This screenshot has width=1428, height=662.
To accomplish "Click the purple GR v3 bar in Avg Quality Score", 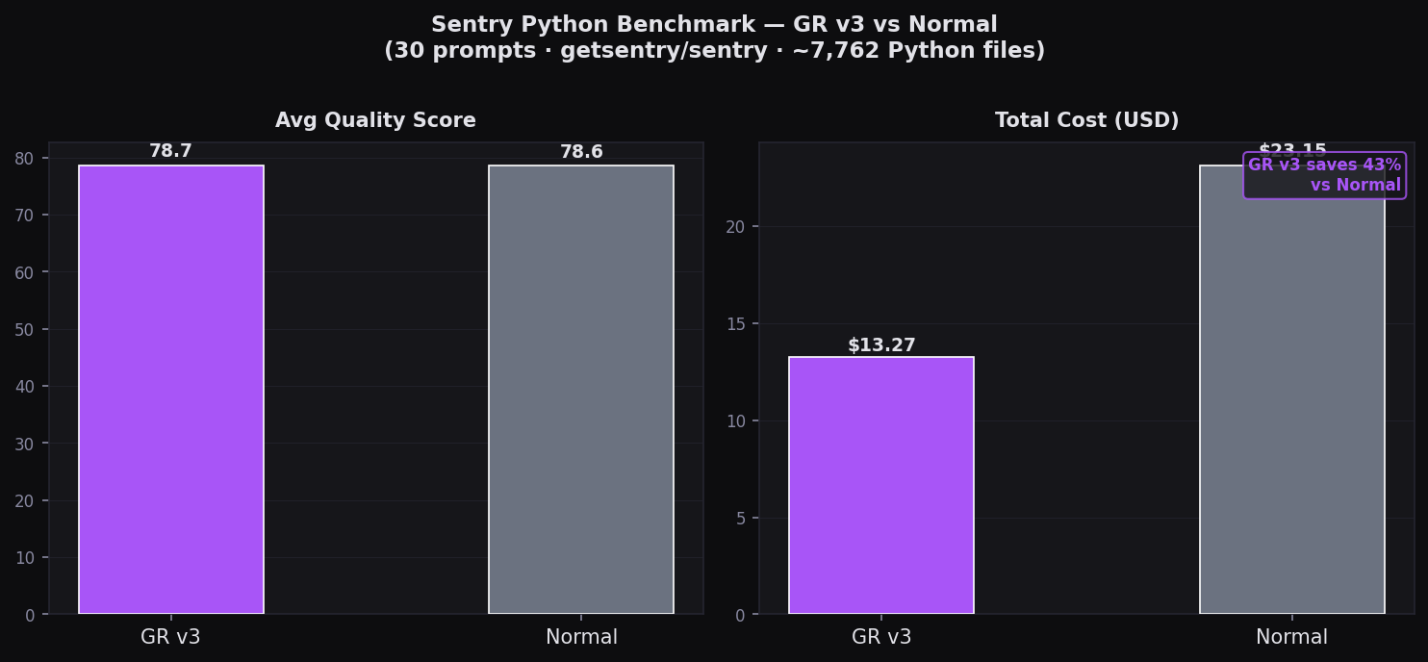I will (x=171, y=390).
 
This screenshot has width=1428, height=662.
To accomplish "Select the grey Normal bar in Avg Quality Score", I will (x=581, y=390).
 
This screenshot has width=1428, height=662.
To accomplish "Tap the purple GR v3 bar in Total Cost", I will (x=881, y=486).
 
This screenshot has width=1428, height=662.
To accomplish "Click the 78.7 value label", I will (x=171, y=152).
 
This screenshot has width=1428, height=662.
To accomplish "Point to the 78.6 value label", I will (x=581, y=152).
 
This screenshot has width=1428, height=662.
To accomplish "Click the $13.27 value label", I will (x=881, y=345).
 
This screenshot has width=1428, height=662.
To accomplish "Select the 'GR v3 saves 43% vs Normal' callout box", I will (x=1324, y=175).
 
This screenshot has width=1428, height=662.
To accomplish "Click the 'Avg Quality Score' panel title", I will (x=375, y=121).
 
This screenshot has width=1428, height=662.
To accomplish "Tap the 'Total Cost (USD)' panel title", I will (x=1086, y=121).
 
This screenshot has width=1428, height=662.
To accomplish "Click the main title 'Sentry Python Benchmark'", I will (x=714, y=25).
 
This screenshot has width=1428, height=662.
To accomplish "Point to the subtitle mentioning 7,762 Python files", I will (x=714, y=51).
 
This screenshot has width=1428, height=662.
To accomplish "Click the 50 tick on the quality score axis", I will (x=29, y=330).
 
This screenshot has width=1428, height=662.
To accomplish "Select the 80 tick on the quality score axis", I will (x=29, y=159).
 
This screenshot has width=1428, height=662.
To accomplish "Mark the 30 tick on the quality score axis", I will (x=29, y=444).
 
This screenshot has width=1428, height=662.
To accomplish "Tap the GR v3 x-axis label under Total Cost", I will (x=881, y=637).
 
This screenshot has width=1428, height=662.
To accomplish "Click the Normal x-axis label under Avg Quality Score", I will (x=581, y=637).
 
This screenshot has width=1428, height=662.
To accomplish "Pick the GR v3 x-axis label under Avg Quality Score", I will (x=171, y=637).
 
